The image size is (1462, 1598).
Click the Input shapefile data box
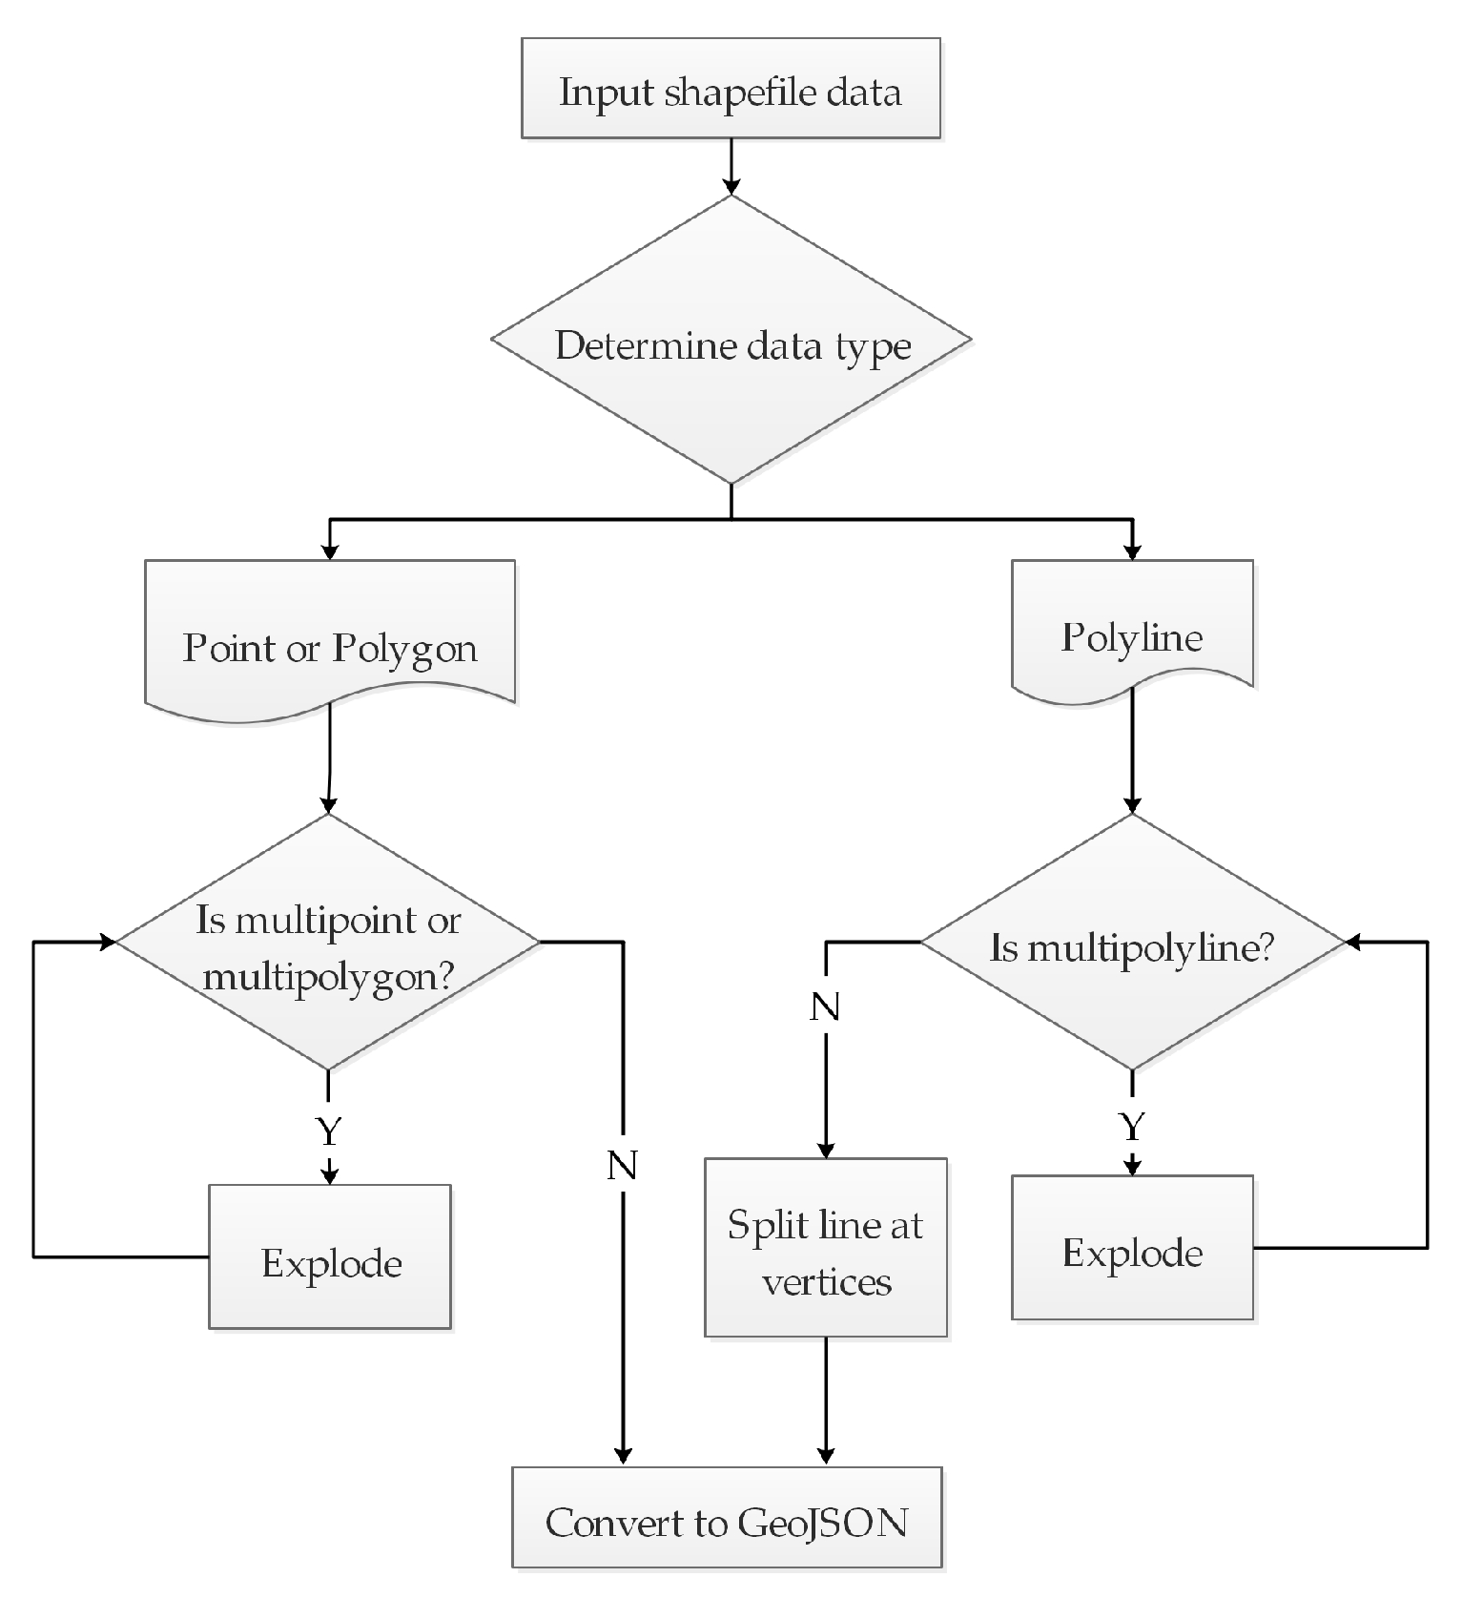pos(730,89)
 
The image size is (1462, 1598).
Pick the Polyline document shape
pos(1132,630)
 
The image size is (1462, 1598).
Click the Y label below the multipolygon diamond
pos(328,1131)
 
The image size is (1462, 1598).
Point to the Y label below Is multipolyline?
pos(1132,1128)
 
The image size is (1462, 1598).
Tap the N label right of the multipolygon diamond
pos(622,1165)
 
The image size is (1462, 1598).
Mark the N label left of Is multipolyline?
pos(825,1007)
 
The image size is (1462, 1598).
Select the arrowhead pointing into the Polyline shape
pos(1132,551)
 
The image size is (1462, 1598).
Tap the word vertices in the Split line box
pos(826,1281)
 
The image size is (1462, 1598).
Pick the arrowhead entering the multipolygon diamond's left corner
pos(107,942)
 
